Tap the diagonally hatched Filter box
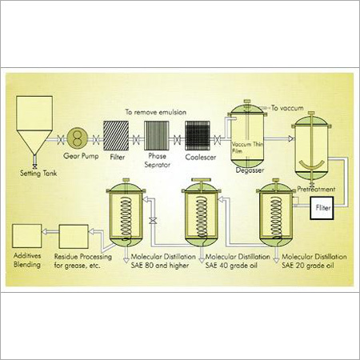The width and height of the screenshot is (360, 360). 116,136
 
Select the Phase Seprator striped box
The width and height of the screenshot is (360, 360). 157,136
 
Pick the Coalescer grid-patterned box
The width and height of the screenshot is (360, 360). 198,136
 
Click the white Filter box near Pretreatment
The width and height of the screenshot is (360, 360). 322,208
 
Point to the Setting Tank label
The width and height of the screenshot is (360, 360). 38,174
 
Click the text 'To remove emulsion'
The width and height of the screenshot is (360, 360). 156,112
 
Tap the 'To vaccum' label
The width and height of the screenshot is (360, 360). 287,108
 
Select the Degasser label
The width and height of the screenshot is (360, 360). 250,170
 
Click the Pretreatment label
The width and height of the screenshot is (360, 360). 316,190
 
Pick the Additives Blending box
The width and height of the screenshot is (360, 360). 27,236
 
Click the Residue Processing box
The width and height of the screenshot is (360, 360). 74,237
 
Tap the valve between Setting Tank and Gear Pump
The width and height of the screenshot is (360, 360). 61,139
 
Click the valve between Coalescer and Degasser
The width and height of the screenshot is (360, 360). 218,140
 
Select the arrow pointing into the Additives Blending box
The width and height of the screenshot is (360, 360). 50,232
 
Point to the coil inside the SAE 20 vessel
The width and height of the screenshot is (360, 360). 276,218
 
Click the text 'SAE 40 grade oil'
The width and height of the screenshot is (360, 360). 231,266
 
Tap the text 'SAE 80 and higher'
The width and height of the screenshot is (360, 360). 160,266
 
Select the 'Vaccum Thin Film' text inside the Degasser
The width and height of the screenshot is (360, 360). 247,147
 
